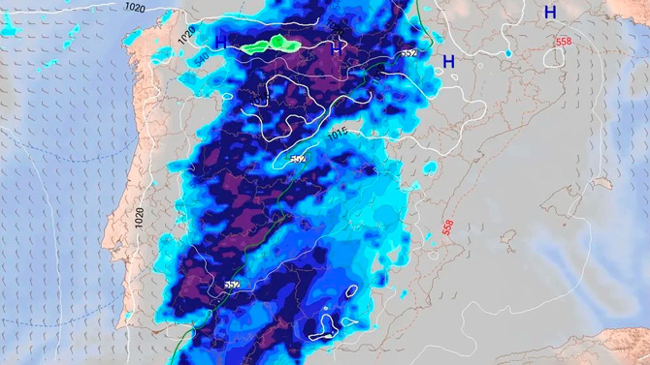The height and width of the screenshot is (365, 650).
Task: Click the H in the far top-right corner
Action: pyautogui.click(x=550, y=12)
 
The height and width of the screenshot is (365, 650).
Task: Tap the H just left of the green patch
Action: pyautogui.click(x=221, y=42)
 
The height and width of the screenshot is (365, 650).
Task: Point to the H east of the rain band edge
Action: pyautogui.click(x=448, y=62)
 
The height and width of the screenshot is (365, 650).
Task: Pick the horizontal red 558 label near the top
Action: pyautogui.click(x=564, y=42)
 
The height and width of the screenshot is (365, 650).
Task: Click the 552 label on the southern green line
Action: pyautogui.click(x=232, y=285)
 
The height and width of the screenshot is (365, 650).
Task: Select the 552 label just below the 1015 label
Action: pyautogui.click(x=297, y=159)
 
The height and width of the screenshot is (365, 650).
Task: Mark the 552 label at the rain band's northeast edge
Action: pyautogui.click(x=408, y=53)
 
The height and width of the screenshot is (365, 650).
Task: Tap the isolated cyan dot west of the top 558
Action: pyautogui.click(x=508, y=52)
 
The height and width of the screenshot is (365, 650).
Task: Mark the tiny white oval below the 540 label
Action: pyautogui.click(x=225, y=96)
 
